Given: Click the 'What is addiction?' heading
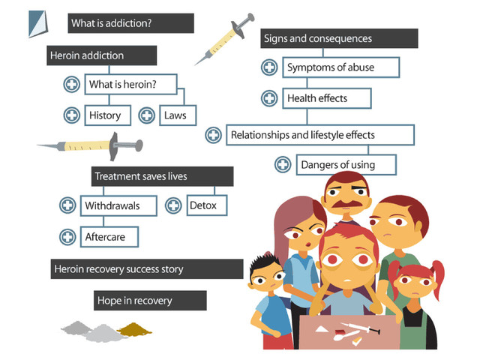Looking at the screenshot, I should [x=130, y=23].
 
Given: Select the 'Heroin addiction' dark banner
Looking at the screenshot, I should [x=101, y=55].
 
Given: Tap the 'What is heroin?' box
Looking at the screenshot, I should [x=132, y=84].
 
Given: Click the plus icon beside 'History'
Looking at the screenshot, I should [x=71, y=115].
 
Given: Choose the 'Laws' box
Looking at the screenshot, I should [x=178, y=115].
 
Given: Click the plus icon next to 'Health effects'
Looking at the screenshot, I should [x=269, y=97].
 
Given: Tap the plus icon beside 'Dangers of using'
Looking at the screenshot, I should [x=283, y=164].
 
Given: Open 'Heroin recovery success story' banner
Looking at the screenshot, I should [x=146, y=268].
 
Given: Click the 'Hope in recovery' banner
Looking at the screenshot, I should [x=150, y=301].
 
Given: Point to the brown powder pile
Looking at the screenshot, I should [x=135, y=328].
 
